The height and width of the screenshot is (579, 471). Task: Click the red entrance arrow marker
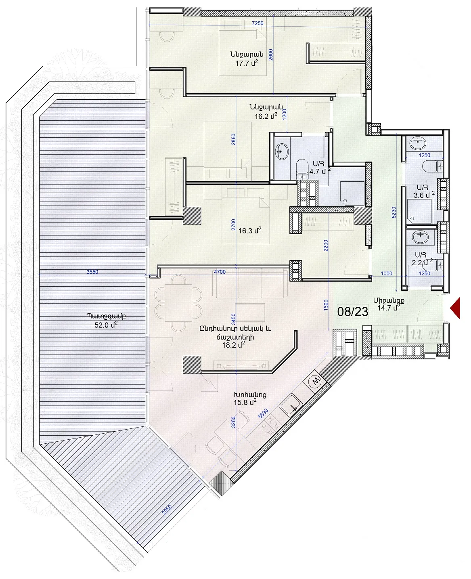click(x=456, y=308)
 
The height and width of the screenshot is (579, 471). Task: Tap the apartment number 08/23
click(x=353, y=312)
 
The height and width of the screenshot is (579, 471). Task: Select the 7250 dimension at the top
click(x=257, y=23)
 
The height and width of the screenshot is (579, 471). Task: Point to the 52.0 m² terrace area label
click(x=106, y=325)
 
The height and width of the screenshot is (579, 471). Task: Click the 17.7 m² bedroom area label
click(x=246, y=63)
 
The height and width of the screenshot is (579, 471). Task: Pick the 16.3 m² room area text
click(x=249, y=231)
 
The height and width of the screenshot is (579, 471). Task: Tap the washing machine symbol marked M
click(x=316, y=382)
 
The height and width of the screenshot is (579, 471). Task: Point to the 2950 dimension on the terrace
click(x=167, y=510)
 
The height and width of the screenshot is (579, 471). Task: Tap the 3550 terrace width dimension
click(x=92, y=272)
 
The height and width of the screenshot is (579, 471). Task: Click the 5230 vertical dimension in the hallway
click(x=394, y=212)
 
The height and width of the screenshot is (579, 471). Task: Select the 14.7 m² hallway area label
click(x=389, y=308)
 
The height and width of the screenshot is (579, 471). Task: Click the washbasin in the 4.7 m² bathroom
click(x=282, y=151)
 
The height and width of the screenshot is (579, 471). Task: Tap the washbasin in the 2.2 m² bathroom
click(x=421, y=237)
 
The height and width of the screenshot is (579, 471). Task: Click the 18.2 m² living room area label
click(x=233, y=345)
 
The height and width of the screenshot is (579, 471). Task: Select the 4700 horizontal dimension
click(x=220, y=272)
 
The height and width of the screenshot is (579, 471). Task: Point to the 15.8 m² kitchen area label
click(x=245, y=402)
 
